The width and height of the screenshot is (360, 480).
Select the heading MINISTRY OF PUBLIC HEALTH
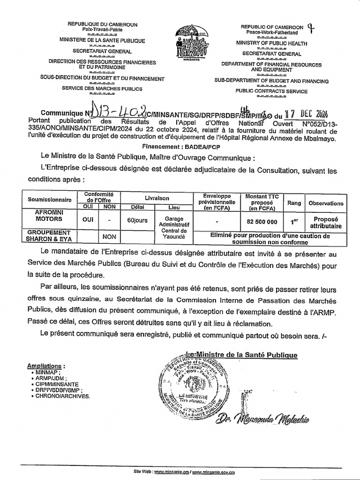pos(271,44)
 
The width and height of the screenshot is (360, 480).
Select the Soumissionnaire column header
pos(49,199)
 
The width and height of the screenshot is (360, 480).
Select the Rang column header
pos(294,203)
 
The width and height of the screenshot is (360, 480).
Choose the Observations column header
pos(326,203)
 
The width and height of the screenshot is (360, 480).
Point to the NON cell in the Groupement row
pos(109,237)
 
